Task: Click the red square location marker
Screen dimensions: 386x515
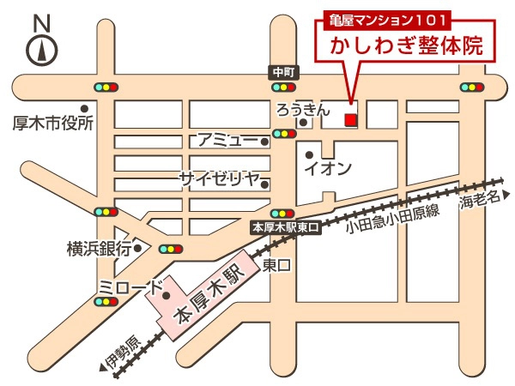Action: (349, 120)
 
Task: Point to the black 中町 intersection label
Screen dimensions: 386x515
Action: (282, 72)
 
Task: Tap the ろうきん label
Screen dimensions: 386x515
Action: (301, 109)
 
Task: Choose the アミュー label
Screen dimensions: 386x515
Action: (227, 140)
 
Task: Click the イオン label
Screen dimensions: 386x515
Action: (328, 169)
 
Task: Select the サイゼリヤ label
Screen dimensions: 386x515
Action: (219, 178)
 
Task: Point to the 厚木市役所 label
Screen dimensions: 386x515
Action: (51, 124)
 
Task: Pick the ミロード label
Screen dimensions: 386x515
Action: (129, 286)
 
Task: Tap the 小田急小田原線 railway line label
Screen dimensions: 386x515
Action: (392, 222)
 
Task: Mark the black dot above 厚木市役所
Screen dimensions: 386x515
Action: (84, 107)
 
